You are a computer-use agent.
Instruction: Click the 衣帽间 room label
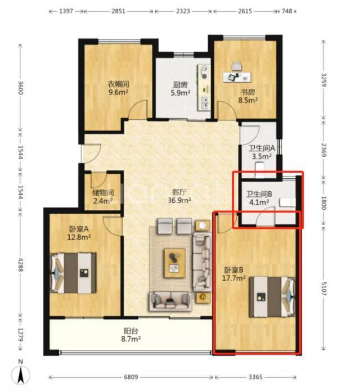click(x=119, y=84)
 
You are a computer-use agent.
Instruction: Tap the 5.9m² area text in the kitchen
click(x=181, y=93)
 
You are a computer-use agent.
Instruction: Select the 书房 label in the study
click(x=247, y=92)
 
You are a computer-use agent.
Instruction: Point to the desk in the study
click(x=237, y=76)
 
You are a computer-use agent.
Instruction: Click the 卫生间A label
click(x=262, y=148)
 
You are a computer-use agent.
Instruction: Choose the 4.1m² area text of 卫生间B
click(x=259, y=202)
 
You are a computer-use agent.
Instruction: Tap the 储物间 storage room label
click(x=103, y=192)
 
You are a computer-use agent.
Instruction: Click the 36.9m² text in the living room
click(x=179, y=200)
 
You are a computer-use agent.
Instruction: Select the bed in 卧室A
click(x=74, y=273)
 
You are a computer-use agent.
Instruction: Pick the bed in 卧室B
click(x=272, y=297)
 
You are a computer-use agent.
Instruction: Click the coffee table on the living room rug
click(x=174, y=263)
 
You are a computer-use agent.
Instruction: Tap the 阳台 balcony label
click(x=130, y=331)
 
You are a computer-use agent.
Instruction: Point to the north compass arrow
click(x=21, y=375)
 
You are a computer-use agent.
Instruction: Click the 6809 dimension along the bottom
click(x=131, y=377)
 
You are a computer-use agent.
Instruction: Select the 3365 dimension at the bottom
click(x=255, y=377)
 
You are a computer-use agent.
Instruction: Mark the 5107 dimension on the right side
click(x=323, y=289)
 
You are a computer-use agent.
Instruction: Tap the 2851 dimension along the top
click(x=118, y=11)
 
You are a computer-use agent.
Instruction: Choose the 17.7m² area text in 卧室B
click(x=234, y=278)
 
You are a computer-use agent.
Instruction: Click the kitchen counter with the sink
click(x=204, y=88)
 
